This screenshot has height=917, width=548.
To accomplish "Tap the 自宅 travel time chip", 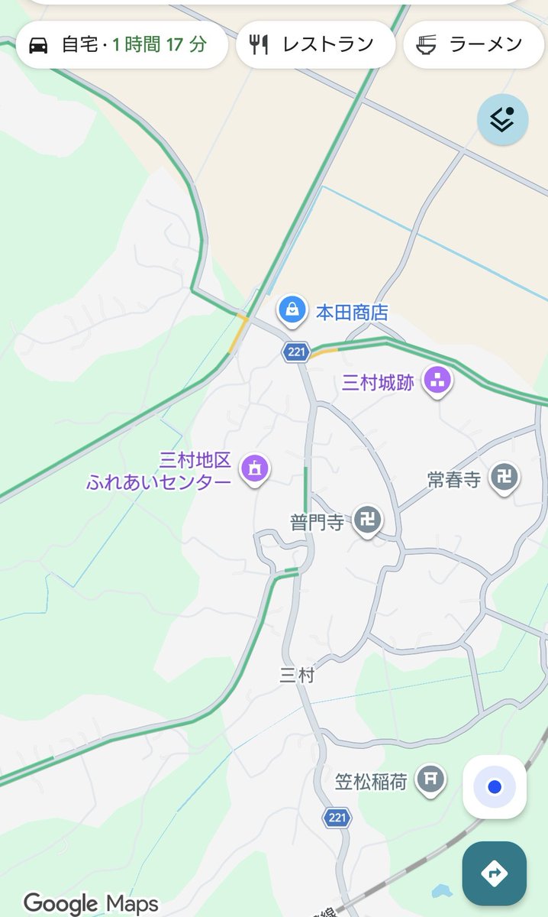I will click(121, 44).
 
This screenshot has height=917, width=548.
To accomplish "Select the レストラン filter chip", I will click(315, 44).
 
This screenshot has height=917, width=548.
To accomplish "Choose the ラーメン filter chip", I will click(473, 44).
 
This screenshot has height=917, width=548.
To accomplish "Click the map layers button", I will click(502, 119).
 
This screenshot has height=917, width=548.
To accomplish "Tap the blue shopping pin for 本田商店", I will click(291, 309).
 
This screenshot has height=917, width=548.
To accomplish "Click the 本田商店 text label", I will click(352, 313).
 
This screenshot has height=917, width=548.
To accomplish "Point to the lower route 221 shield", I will click(337, 818).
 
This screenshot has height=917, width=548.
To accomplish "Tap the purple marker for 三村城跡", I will click(438, 381).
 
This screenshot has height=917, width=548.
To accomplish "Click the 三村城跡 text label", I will click(378, 383).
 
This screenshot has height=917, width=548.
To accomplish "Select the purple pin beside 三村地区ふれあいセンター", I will click(255, 468).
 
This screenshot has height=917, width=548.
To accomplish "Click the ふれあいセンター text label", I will click(159, 483).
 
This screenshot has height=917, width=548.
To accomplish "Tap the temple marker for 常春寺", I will click(504, 478).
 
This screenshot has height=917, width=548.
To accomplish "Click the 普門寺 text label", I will click(316, 523).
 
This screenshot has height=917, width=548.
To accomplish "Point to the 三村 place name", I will click(296, 675).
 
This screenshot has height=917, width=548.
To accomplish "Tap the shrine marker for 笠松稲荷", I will click(431, 779).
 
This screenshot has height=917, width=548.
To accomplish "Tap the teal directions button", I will click(494, 873).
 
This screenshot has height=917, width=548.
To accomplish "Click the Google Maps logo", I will click(91, 903).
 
